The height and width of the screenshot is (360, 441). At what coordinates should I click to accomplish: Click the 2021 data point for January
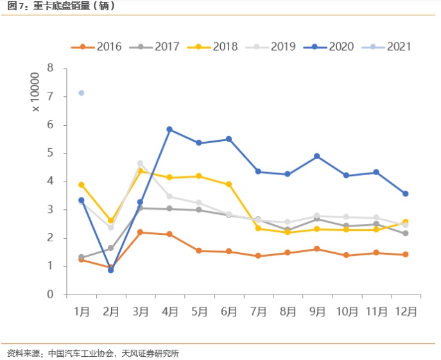point(81,93)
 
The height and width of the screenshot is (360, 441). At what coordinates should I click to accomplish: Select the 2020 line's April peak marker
point(169,130)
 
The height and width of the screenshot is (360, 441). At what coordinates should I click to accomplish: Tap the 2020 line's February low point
point(111,270)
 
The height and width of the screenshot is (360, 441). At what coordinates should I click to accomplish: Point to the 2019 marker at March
point(140,163)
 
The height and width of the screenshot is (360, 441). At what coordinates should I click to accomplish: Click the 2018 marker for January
point(81,185)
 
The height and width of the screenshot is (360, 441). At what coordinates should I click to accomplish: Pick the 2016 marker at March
point(140,232)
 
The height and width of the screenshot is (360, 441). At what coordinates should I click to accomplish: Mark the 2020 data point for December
point(405,194)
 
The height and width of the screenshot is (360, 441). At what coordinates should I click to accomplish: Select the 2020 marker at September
point(316,156)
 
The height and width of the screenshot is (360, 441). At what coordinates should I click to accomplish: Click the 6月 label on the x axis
point(229,311)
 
